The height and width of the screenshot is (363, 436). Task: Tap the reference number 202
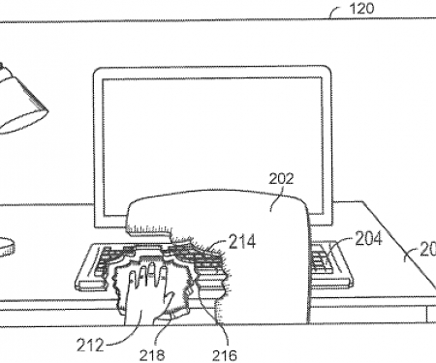[x=281, y=178]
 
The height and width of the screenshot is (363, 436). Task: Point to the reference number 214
[x=241, y=241]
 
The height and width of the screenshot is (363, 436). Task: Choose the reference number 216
[x=223, y=354]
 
